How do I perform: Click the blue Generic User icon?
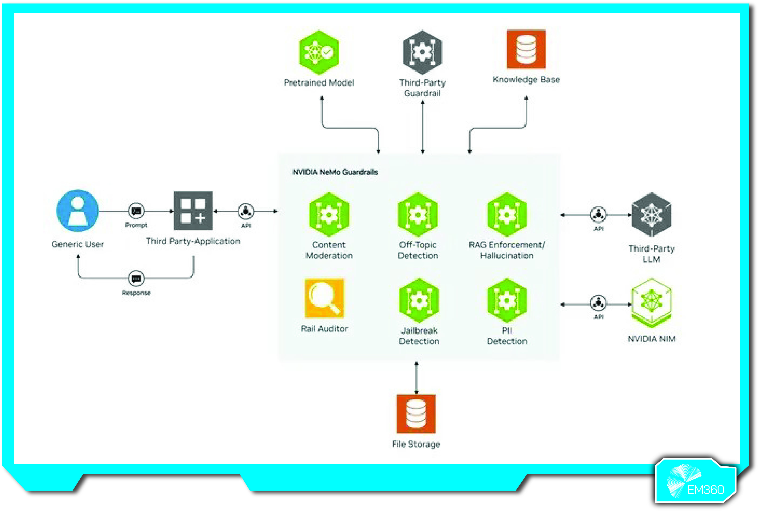click(78, 211)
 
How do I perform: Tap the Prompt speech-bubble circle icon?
click(136, 211)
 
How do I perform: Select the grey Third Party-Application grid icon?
click(193, 211)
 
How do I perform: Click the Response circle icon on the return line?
click(136, 278)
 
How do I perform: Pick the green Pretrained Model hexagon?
click(319, 52)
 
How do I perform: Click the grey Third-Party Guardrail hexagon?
click(422, 52)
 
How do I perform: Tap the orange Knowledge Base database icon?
click(526, 49)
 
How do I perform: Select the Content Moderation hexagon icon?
click(329, 214)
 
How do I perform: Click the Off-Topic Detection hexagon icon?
click(418, 214)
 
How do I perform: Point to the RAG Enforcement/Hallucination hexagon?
click(507, 214)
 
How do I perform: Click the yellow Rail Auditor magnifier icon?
click(324, 298)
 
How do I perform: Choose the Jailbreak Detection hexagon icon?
click(419, 300)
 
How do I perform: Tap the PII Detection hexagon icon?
click(507, 300)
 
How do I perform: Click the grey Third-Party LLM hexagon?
click(652, 214)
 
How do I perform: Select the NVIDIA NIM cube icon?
click(652, 302)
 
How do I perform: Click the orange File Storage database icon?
click(416, 413)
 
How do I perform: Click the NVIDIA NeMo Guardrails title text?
click(335, 172)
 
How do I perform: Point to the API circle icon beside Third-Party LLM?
click(598, 214)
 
